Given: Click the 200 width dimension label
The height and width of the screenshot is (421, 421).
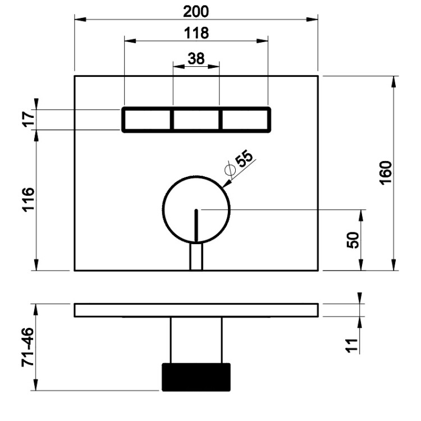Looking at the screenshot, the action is pos(196,12).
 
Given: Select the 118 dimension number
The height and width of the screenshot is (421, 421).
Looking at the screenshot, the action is pos(196,33).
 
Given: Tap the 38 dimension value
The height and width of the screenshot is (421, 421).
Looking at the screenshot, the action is pos(196,58).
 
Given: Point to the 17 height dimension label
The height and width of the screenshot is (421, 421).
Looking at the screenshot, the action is pos(29,120).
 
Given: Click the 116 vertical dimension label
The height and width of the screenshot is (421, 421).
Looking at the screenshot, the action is pos(29,200).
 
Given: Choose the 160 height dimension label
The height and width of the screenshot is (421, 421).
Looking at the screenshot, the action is pos(386,173).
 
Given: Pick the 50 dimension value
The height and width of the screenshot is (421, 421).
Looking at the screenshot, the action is pos(353,240).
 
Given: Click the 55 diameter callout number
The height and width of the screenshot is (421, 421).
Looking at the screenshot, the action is pos(244,159).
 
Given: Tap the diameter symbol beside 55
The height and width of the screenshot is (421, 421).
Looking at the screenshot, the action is pos(230,170).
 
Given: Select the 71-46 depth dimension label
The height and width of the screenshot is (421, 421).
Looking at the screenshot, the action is pos(28,347).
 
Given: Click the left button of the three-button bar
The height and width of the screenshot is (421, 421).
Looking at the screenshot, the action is pos(147,120).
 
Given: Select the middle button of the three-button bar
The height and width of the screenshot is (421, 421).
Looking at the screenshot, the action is pos(196,120).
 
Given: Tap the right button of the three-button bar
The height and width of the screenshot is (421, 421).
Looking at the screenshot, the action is pos(245,120).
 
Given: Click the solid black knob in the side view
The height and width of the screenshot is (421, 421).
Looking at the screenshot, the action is pos(196,377).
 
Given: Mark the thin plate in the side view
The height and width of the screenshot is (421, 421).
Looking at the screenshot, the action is pos(196,310).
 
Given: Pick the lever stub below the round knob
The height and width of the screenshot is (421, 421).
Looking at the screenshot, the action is pos(196,257).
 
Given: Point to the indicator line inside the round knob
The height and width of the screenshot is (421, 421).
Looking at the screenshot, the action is pos(196,226).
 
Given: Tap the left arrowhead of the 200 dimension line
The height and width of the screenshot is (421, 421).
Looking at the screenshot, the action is pos(80,19).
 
